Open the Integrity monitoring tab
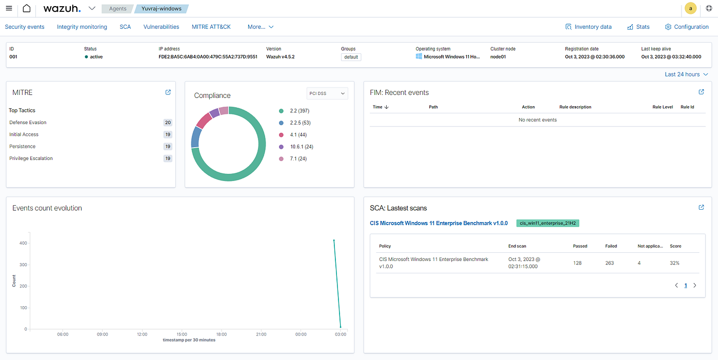tap(82, 27)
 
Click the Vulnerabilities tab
tap(161, 27)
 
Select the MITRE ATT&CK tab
tap(211, 27)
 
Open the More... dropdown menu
tap(261, 27)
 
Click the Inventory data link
tap(588, 27)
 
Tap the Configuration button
tap(687, 27)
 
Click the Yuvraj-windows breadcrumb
tap(161, 9)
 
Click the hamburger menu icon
tap(9, 8)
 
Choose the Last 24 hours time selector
tap(686, 74)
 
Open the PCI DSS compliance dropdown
tap(327, 93)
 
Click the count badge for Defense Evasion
tap(168, 123)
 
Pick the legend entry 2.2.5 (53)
tap(294, 123)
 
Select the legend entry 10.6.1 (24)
tap(296, 147)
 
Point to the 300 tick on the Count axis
tap(23, 265)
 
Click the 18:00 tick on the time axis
tap(222, 334)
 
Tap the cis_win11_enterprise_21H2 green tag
tap(548, 223)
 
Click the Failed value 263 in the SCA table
tap(609, 263)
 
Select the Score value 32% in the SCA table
tap(674, 263)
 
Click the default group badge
tap(351, 57)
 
